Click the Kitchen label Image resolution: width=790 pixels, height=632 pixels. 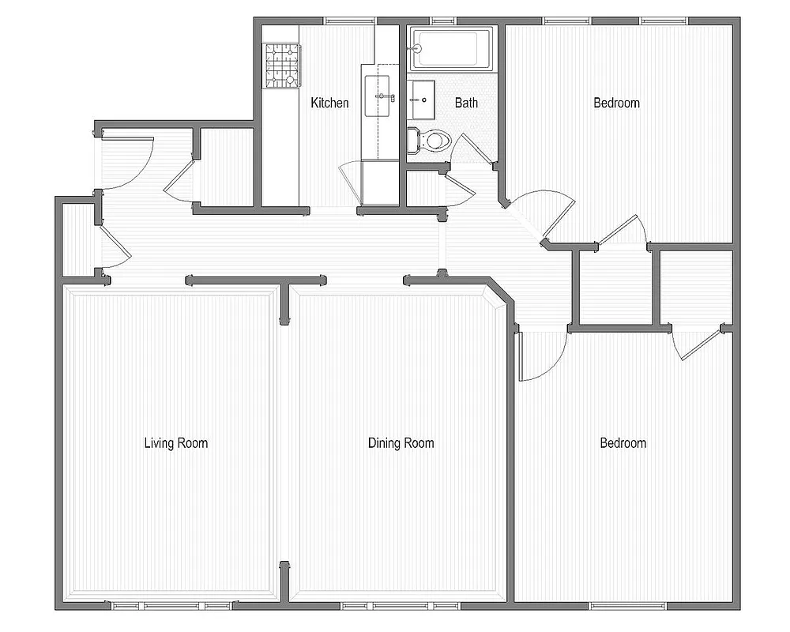329,103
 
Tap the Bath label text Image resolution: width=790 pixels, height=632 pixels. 466,103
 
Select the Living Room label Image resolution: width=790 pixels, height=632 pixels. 175,442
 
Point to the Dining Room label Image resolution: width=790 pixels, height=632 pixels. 401,442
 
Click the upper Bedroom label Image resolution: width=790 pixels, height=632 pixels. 616,103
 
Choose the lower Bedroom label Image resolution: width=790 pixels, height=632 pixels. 623,442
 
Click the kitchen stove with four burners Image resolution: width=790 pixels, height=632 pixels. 282,65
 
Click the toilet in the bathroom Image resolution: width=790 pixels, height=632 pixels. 431,141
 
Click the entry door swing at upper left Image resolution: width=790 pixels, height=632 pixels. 126,163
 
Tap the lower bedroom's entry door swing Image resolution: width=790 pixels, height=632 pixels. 541,355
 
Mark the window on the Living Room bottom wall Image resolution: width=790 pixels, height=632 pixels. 171,606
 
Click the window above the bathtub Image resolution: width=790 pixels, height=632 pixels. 444,20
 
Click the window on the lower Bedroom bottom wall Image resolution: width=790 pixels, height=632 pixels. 624,606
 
